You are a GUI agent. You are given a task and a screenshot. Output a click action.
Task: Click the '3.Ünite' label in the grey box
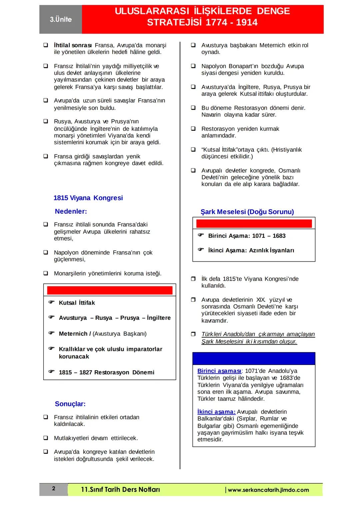61,19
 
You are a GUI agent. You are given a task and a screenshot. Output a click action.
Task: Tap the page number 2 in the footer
54,489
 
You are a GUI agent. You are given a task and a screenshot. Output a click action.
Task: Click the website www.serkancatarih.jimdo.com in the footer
268,490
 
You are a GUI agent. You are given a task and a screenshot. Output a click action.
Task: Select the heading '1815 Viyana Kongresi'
88,198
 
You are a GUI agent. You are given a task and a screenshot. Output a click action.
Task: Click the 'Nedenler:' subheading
71,211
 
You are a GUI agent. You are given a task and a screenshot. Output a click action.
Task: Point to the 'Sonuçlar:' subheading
70,404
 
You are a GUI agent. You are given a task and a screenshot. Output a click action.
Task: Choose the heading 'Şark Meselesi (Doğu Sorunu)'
247,212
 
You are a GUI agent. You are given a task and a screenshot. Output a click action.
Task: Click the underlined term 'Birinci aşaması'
219,371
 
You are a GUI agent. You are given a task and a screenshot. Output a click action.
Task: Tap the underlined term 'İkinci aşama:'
216,412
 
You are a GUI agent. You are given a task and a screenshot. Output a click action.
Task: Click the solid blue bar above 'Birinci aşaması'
254,359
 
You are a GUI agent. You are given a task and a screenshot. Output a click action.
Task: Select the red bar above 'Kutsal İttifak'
110,290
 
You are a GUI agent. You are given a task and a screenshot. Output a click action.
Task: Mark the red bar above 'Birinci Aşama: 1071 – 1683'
254,224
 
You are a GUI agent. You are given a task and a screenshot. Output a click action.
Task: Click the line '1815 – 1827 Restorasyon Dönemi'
106,372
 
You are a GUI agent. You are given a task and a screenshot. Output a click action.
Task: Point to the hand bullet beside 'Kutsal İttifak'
51,302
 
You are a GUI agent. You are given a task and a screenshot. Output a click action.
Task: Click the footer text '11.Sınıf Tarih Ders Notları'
120,490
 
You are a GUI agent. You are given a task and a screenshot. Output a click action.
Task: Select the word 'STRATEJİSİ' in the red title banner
174,23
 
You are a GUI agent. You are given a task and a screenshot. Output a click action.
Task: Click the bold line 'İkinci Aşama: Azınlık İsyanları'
251,250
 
